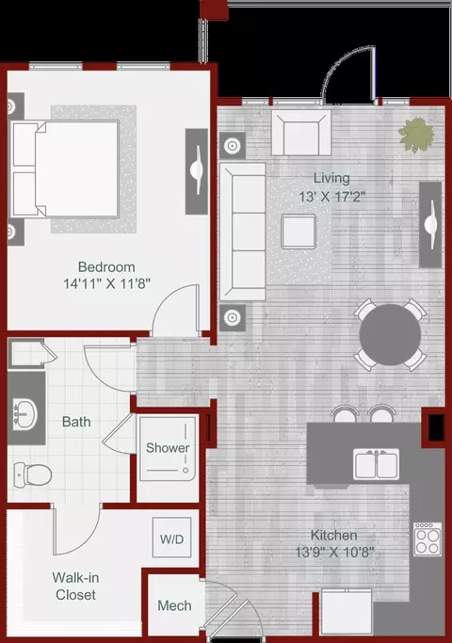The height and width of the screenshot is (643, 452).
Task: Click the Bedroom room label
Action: [106, 267]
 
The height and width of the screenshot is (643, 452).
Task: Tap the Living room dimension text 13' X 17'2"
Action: [331, 197]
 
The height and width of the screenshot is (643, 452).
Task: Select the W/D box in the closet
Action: [172, 538]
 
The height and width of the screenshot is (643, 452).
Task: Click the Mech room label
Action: [174, 605]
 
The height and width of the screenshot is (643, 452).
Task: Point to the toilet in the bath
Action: [33, 474]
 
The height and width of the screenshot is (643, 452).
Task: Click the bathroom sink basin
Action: [25, 414]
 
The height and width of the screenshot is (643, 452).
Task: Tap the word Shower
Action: [168, 447]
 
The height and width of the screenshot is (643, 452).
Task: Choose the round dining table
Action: [390, 334]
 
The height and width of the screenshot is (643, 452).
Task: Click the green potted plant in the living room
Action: [416, 135]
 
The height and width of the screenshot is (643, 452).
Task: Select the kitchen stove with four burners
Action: [428, 539]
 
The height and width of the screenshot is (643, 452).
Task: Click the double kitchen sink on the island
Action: [376, 465]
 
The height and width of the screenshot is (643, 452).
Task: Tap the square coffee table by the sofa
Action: [299, 232]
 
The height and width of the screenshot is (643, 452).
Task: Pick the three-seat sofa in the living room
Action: [243, 232]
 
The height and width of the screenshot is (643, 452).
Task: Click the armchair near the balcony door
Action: [301, 133]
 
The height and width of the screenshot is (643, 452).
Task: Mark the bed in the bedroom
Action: [64, 169]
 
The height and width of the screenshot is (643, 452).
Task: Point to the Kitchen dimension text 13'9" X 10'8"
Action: [334, 552]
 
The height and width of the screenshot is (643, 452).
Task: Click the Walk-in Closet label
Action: [76, 586]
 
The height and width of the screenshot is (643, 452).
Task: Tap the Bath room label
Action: [76, 422]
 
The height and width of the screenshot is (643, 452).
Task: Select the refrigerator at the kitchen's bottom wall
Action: [347, 612]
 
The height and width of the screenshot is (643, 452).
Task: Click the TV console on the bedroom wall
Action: [197, 171]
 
